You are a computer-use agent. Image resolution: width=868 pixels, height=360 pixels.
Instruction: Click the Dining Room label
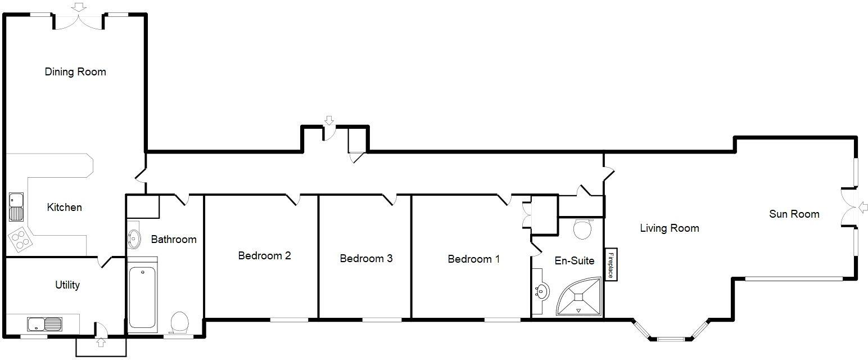pyautogui.click(x=75, y=72)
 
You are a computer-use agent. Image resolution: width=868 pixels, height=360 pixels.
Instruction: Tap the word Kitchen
pyautogui.click(x=64, y=208)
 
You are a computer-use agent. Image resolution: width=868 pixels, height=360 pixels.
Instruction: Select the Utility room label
pyautogui.click(x=67, y=285)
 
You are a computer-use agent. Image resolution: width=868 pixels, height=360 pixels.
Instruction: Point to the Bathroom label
pyautogui.click(x=174, y=240)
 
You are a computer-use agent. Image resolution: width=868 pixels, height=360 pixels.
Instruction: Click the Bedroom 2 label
pyautogui.click(x=264, y=256)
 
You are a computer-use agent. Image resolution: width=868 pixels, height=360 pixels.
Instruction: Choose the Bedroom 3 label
pyautogui.click(x=366, y=259)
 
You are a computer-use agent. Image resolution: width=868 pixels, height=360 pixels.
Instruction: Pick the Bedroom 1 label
pyautogui.click(x=473, y=259)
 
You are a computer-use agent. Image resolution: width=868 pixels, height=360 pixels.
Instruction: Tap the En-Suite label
pyautogui.click(x=575, y=261)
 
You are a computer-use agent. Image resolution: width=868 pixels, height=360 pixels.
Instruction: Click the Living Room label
pyautogui.click(x=669, y=228)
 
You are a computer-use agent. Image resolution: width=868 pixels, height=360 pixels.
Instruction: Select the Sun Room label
pyautogui.click(x=794, y=214)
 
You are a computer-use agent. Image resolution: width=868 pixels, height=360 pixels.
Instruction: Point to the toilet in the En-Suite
pyautogui.click(x=582, y=229)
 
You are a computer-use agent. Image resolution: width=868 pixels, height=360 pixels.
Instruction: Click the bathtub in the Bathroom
pyautogui.click(x=142, y=298)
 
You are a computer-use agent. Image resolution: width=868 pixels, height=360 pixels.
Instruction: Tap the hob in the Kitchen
pyautogui.click(x=20, y=238)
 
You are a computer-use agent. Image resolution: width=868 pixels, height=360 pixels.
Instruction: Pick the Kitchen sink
pyautogui.click(x=16, y=206)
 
